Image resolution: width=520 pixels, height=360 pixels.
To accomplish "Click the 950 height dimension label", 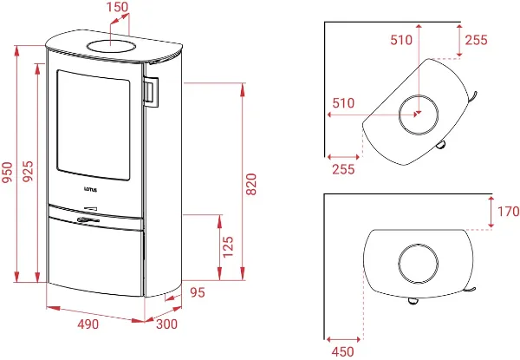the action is click(x=7, y=172).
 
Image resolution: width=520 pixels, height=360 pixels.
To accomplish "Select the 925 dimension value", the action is click(x=29, y=171).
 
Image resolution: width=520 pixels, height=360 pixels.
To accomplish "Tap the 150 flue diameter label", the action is click(x=117, y=7).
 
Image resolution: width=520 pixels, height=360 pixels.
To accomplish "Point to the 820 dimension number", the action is click(x=251, y=184).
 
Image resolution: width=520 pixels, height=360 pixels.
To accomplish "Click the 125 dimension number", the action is click(x=228, y=247).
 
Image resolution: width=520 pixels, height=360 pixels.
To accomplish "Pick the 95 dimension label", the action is click(x=198, y=292).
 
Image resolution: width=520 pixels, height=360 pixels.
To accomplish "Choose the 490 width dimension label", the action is click(x=88, y=324).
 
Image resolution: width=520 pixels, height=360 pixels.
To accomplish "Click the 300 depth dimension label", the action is click(x=166, y=324).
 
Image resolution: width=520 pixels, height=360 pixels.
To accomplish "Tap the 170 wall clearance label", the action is click(x=508, y=212).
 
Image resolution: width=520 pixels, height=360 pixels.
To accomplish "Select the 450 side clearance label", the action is click(x=343, y=351).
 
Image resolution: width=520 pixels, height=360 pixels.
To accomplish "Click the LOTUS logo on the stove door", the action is click(x=90, y=190).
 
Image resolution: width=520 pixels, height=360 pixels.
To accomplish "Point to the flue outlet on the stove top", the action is click(x=111, y=46).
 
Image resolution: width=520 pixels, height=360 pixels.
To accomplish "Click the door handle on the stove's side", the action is click(x=151, y=92).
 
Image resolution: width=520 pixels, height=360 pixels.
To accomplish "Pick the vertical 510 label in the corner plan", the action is click(x=401, y=40).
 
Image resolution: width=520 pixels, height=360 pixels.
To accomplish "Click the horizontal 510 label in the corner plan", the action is click(x=343, y=103).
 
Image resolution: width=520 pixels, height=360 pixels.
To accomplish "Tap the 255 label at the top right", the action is click(x=476, y=40).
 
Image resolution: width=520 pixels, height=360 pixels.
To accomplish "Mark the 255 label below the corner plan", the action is click(x=343, y=169).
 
